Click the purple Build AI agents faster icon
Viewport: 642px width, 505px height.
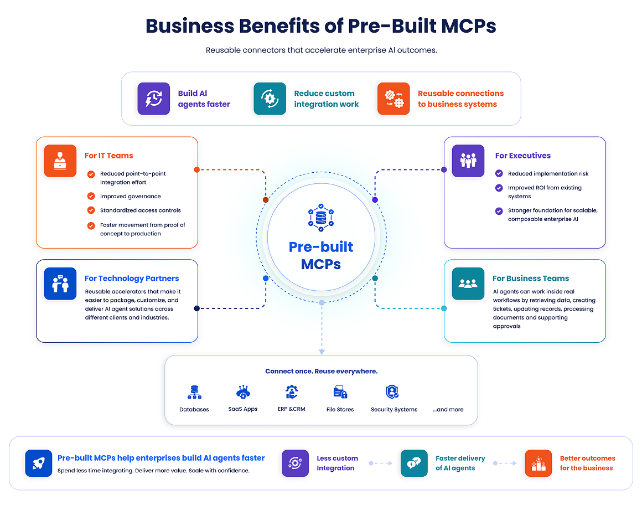(x=153, y=99)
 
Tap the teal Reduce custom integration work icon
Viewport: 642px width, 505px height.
(x=270, y=99)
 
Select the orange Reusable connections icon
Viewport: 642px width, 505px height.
(x=394, y=99)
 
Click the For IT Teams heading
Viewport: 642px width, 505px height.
(x=109, y=156)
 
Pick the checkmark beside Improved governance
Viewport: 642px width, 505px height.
(x=91, y=196)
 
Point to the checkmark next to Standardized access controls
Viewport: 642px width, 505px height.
(x=91, y=210)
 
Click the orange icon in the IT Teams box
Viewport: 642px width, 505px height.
(x=60, y=161)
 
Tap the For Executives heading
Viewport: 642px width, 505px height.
(x=523, y=156)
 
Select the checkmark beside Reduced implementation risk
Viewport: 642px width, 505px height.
(x=499, y=173)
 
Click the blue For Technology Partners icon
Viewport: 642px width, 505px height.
(x=60, y=284)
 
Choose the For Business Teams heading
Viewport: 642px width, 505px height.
(x=531, y=279)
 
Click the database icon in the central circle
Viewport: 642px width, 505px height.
(x=321, y=218)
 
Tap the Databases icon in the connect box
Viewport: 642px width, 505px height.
(x=194, y=392)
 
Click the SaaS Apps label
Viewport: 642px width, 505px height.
(x=243, y=409)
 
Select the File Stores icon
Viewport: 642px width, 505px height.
(x=340, y=392)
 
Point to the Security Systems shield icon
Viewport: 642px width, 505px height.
(x=392, y=392)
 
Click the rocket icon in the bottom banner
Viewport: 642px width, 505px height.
(x=39, y=463)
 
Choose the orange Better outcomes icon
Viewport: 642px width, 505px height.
(x=539, y=463)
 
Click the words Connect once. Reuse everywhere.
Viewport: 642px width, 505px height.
(x=322, y=371)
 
